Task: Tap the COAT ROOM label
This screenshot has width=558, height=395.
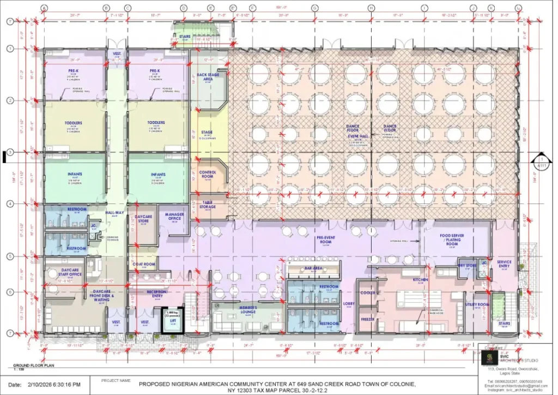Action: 144,265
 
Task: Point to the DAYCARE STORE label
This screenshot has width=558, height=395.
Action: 143,218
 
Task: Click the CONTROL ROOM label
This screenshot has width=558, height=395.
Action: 208,173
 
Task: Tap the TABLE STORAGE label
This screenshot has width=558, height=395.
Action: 208,204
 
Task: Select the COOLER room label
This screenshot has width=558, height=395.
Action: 367,293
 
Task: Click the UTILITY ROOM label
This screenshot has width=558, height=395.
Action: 475,304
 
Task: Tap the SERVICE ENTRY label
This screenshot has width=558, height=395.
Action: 504,264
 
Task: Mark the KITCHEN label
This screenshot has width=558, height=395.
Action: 420,279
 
